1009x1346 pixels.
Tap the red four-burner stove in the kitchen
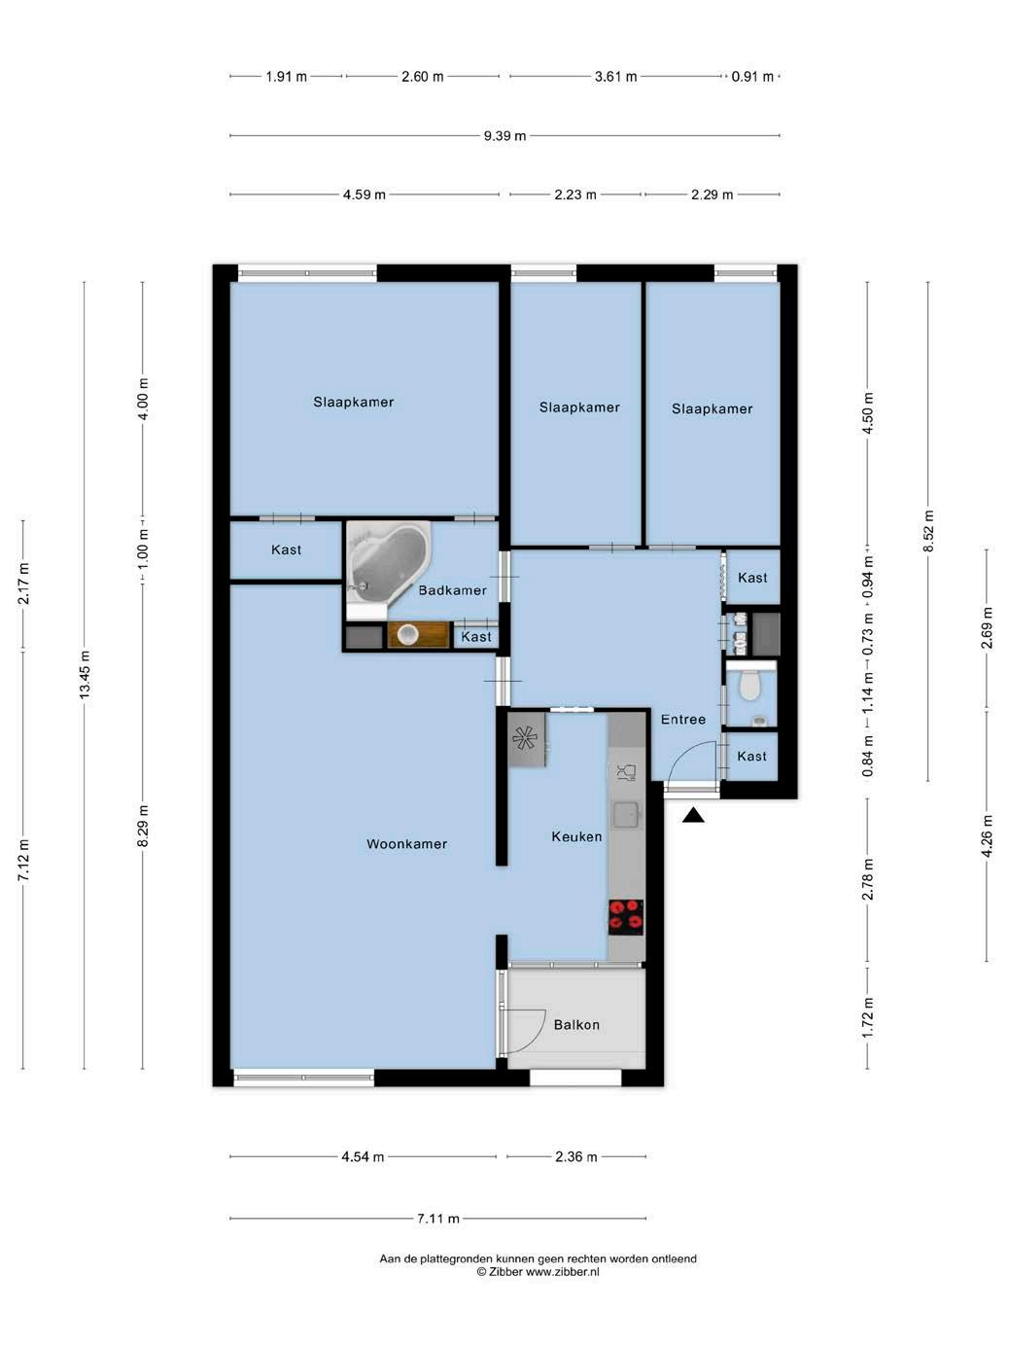pyautogui.click(x=625, y=917)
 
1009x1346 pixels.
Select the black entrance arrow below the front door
pyautogui.click(x=693, y=815)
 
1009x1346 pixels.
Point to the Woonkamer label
pyautogui.click(x=406, y=844)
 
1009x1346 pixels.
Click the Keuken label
pyautogui.click(x=576, y=836)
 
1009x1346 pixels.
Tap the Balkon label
pyautogui.click(x=576, y=1025)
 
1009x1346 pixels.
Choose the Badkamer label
pyautogui.click(x=453, y=590)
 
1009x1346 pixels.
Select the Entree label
pyautogui.click(x=683, y=720)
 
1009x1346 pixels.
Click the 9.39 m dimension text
pyautogui.click(x=504, y=135)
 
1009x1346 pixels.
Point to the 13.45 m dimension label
pyautogui.click(x=85, y=674)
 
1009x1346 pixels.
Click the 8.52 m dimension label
pyautogui.click(x=928, y=530)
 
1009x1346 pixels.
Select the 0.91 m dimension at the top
pyautogui.click(x=752, y=77)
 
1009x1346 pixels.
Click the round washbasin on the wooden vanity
pyautogui.click(x=407, y=635)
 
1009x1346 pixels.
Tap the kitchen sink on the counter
pyautogui.click(x=626, y=815)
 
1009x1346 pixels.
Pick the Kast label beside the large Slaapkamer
pyautogui.click(x=286, y=549)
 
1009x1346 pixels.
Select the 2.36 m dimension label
pyautogui.click(x=575, y=1157)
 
